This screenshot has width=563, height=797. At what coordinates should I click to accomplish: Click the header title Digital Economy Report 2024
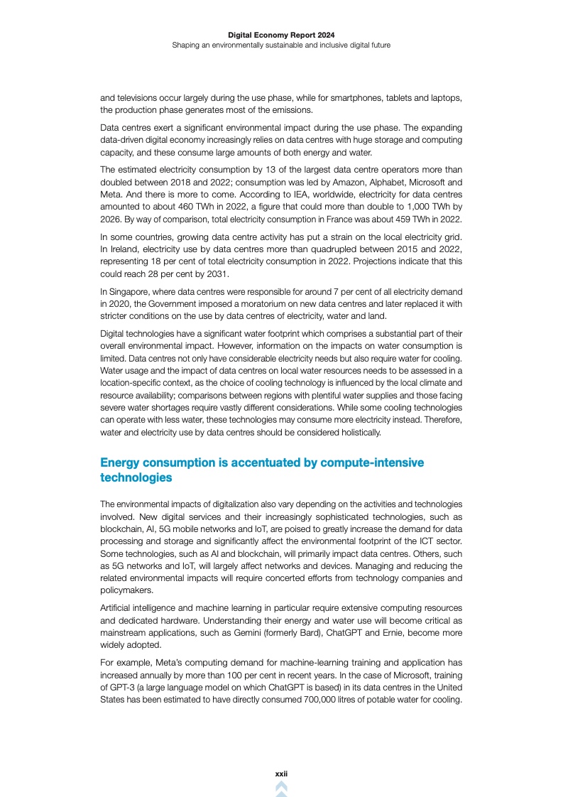point(281,34)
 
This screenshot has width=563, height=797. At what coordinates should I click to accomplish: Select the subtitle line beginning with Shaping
point(281,45)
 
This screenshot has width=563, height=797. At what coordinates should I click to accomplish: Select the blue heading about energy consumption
point(262,470)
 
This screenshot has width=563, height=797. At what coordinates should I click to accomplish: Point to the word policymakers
point(125,589)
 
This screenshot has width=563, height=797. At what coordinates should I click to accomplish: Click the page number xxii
point(281,773)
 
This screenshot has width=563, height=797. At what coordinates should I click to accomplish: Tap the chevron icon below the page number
point(281,788)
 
